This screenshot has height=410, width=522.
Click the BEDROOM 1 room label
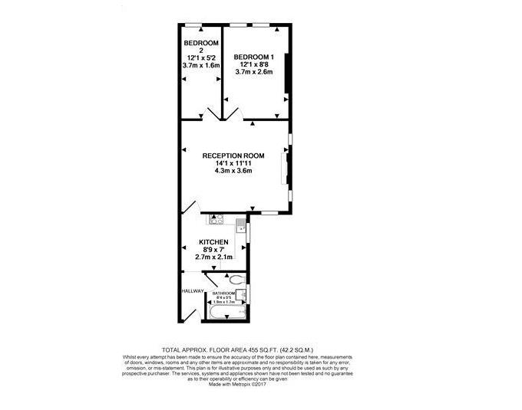pos(254,57)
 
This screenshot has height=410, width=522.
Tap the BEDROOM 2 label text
pos(201,44)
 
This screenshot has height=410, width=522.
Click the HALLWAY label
pos(193,291)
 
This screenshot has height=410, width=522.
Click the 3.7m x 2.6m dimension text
pos(254,72)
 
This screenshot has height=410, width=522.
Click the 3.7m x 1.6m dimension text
pos(201,66)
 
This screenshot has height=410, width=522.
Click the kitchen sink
pos(241,224)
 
